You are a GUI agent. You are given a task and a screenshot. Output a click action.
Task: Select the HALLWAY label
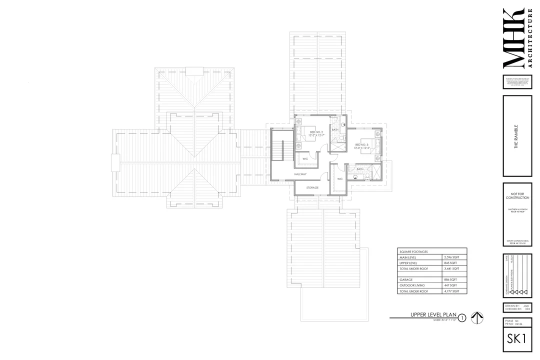(x=300, y=174)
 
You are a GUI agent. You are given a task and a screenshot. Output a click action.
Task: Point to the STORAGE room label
(x=312, y=187)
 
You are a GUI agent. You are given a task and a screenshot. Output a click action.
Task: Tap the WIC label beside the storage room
(x=340, y=178)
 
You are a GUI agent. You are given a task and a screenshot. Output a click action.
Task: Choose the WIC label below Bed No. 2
(x=305, y=158)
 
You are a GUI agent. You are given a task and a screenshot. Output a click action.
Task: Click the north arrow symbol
(x=477, y=317)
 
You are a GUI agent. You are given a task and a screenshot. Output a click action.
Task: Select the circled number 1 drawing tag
(x=462, y=317)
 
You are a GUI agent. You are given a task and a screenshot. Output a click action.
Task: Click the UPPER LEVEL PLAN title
(x=431, y=314)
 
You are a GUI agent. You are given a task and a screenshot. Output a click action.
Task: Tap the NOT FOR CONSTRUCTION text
(x=516, y=195)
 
